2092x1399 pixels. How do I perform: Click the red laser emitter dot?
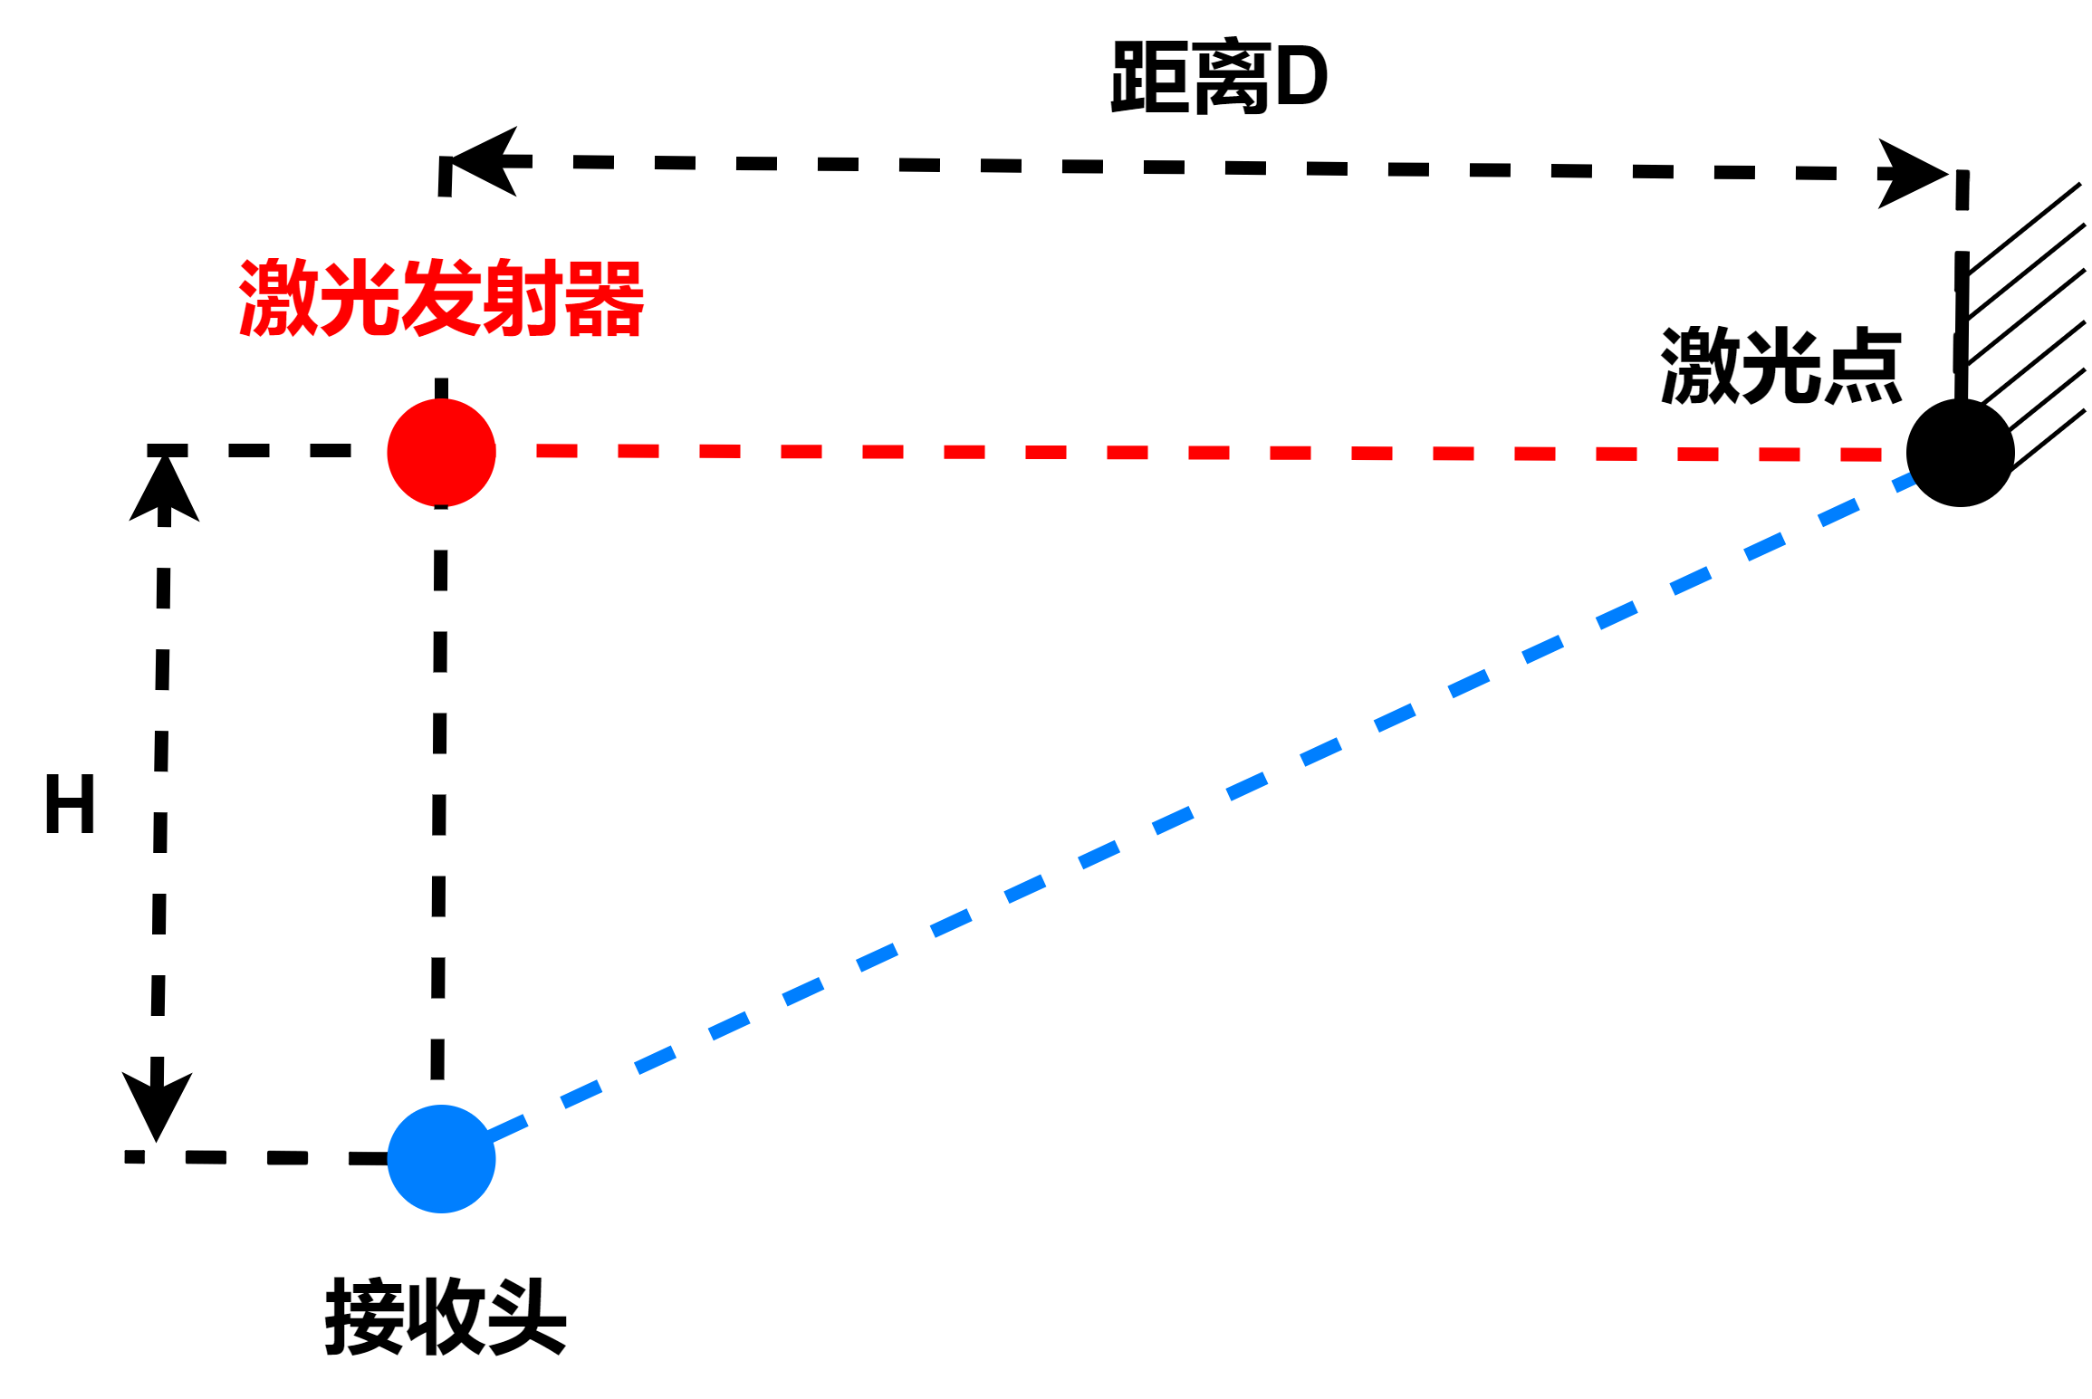[441, 452]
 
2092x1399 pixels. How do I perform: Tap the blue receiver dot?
[441, 1158]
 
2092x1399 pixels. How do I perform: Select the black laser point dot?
[1960, 452]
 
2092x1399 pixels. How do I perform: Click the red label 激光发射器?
[441, 298]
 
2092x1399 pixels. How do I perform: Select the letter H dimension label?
[70, 803]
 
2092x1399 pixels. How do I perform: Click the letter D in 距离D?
[1300, 78]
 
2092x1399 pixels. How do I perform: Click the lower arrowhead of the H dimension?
[157, 1104]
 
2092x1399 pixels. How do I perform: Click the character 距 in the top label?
[1149, 78]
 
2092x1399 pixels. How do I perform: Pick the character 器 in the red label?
[603, 298]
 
